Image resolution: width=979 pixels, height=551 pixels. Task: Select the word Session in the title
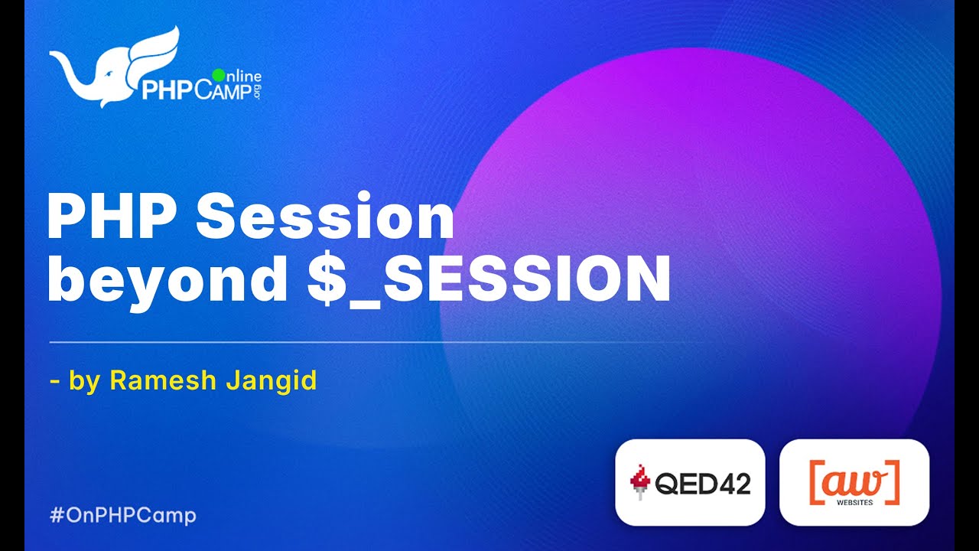pyautogui.click(x=325, y=219)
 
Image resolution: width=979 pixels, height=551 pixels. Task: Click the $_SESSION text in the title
pyautogui.click(x=489, y=282)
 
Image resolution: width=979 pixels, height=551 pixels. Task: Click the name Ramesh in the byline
pyautogui.click(x=160, y=380)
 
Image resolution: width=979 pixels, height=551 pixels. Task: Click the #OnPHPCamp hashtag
pyautogui.click(x=123, y=515)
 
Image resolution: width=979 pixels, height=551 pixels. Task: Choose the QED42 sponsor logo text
pyautogui.click(x=703, y=484)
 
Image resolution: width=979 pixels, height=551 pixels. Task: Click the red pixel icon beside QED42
pyautogui.click(x=638, y=483)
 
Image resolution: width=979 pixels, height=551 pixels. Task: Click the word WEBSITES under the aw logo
pyautogui.click(x=854, y=503)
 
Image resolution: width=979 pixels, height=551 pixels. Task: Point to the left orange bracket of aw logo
pyautogui.click(x=813, y=481)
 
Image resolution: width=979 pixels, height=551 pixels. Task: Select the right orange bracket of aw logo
pyautogui.click(x=894, y=481)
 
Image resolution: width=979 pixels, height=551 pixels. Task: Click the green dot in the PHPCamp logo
pyautogui.click(x=218, y=75)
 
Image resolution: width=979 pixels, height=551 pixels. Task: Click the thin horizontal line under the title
pyautogui.click(x=367, y=342)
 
